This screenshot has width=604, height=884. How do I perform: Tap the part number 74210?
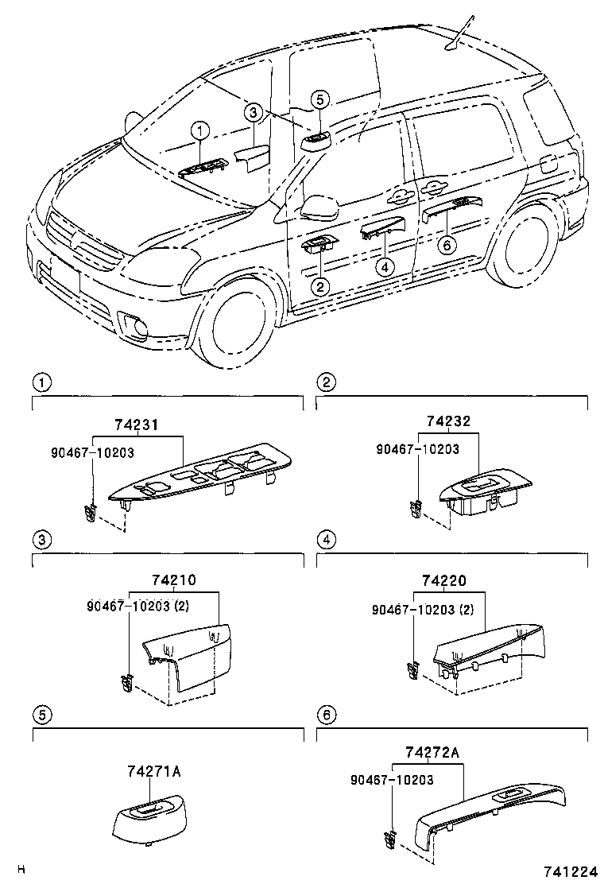(173, 580)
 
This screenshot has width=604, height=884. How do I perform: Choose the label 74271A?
(153, 771)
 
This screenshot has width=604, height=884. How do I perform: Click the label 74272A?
(432, 752)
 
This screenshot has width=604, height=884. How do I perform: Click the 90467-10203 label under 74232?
(417, 449)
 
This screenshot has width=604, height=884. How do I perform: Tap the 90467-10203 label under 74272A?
(392, 780)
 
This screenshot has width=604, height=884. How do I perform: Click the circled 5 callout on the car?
(318, 99)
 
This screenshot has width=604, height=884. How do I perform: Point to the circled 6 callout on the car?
(447, 244)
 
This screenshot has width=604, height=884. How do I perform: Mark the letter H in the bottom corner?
(21, 870)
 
